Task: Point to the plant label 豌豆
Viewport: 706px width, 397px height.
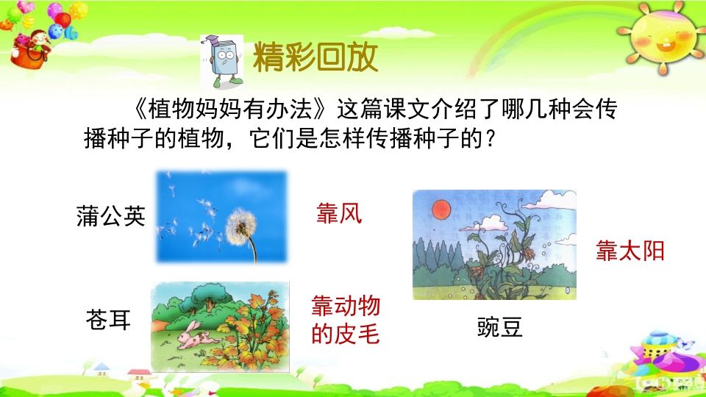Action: tap(500, 328)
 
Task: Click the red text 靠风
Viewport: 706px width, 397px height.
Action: tap(339, 214)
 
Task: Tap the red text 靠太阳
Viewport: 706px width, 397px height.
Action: tap(630, 251)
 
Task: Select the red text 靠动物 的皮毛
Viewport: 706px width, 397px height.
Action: tap(346, 321)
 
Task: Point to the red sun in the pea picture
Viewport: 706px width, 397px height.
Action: tap(441, 208)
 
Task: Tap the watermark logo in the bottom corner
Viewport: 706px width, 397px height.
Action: tap(662, 383)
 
